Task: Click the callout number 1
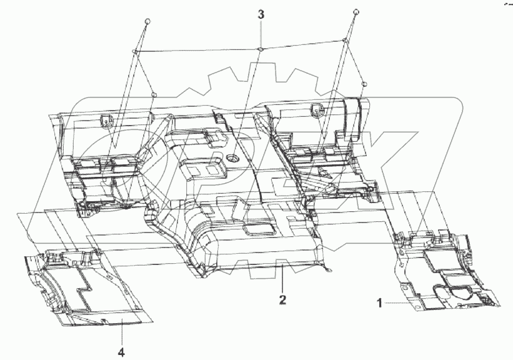pyautogui.click(x=379, y=302)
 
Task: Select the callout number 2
pyautogui.click(x=283, y=300)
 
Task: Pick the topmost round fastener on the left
pyautogui.click(x=148, y=21)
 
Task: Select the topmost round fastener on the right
pyautogui.click(x=356, y=12)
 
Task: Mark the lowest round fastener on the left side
pyautogui.click(x=154, y=95)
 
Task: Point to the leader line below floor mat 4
pyautogui.click(x=121, y=334)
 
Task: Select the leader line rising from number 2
pyautogui.click(x=282, y=278)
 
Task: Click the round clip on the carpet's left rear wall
pyautogui.click(x=106, y=119)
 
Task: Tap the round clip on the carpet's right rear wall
pyautogui.click(x=317, y=111)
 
